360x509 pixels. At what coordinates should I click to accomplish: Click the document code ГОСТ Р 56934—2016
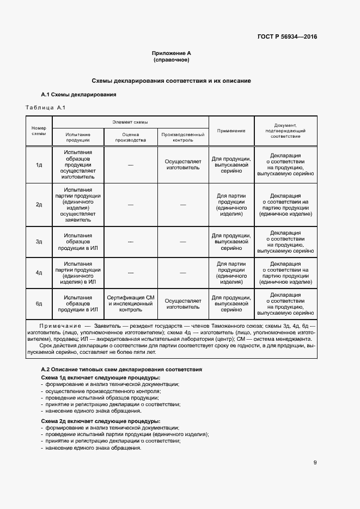pyautogui.click(x=287, y=37)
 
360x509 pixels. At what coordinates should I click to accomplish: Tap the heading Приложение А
pyautogui.click(x=171, y=53)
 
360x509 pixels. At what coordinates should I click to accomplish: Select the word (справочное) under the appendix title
pyautogui.click(x=171, y=60)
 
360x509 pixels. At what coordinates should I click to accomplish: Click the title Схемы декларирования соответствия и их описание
pyautogui.click(x=171, y=81)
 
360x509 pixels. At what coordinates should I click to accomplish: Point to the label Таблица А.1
pyautogui.click(x=46, y=107)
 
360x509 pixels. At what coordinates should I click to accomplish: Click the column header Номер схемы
pyautogui.click(x=39, y=131)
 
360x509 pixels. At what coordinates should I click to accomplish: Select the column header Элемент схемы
pyautogui.click(x=130, y=122)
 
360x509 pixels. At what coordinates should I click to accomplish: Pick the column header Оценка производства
pyautogui.click(x=131, y=137)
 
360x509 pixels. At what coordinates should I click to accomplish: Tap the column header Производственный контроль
pyautogui.click(x=183, y=137)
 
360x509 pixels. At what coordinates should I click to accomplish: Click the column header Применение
pyautogui.click(x=231, y=131)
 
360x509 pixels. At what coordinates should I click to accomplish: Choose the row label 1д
pyautogui.click(x=39, y=164)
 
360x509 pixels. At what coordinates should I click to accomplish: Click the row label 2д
pyautogui.click(x=39, y=204)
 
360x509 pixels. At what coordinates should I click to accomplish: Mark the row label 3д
pyautogui.click(x=39, y=241)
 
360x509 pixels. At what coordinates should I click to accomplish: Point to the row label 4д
pyautogui.click(x=39, y=272)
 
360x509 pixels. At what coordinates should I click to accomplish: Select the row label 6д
pyautogui.click(x=39, y=303)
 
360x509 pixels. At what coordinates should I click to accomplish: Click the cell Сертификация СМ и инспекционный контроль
pyautogui.click(x=131, y=303)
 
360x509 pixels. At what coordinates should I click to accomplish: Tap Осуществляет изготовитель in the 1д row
pyautogui.click(x=183, y=164)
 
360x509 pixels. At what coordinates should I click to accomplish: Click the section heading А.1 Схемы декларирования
pyautogui.click(x=78, y=95)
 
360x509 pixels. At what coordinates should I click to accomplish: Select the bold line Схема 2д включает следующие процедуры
pyautogui.click(x=101, y=421)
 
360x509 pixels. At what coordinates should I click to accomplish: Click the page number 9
pyautogui.click(x=315, y=463)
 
